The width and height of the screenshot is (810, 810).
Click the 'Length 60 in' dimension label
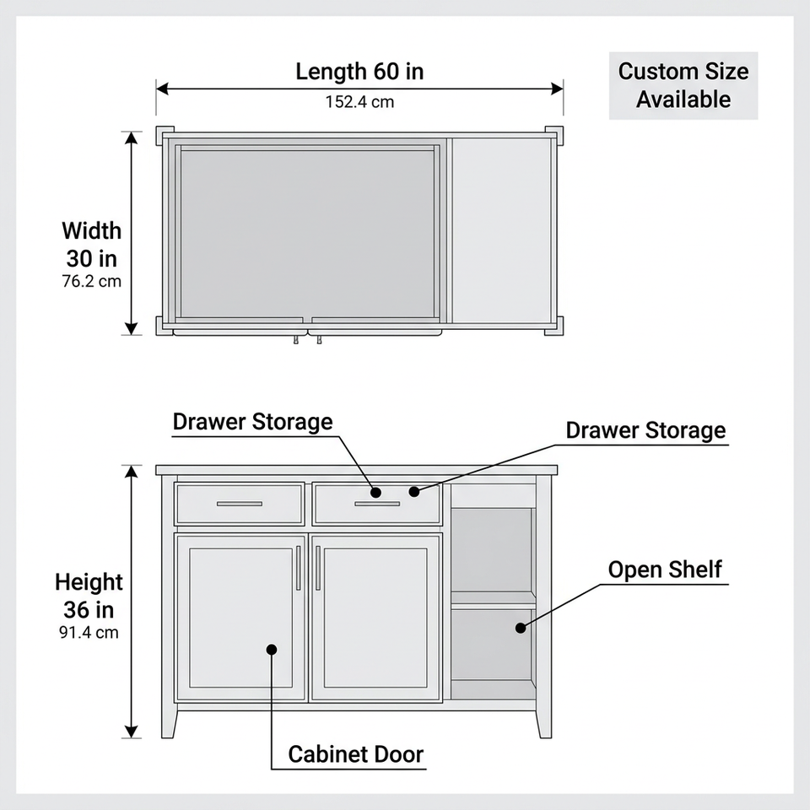pyautogui.click(x=359, y=71)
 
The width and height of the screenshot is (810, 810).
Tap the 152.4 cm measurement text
pyautogui.click(x=359, y=102)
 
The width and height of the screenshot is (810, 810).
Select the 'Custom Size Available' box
pyautogui.click(x=683, y=85)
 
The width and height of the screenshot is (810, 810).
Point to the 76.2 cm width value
pyautogui.click(x=91, y=281)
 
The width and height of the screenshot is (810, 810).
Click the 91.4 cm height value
pyautogui.click(x=89, y=632)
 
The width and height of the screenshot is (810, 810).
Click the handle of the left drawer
pyautogui.click(x=239, y=504)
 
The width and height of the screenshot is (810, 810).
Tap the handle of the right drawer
pyautogui.click(x=377, y=504)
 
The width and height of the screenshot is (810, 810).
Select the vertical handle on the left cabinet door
pyautogui.click(x=299, y=568)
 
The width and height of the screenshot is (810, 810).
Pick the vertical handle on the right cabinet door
pyautogui.click(x=318, y=568)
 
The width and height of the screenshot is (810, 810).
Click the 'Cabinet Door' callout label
pyautogui.click(x=356, y=754)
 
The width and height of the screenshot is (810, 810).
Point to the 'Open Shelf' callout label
pyautogui.click(x=665, y=570)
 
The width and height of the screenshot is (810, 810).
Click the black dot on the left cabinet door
pyautogui.click(x=272, y=650)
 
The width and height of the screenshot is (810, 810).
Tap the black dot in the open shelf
pyautogui.click(x=521, y=628)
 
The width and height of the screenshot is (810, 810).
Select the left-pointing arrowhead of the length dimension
pyautogui.click(x=162, y=89)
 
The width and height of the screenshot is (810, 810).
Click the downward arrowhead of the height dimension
pyautogui.click(x=132, y=732)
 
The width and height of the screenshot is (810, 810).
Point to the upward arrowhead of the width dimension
pyautogui.click(x=132, y=138)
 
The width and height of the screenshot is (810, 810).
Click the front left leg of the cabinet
pyautogui.click(x=169, y=723)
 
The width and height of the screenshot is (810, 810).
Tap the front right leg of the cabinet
pyautogui.click(x=544, y=723)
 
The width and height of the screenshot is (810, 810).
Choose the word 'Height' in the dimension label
pyautogui.click(x=89, y=582)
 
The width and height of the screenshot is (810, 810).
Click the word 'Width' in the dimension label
pyautogui.click(x=91, y=230)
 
